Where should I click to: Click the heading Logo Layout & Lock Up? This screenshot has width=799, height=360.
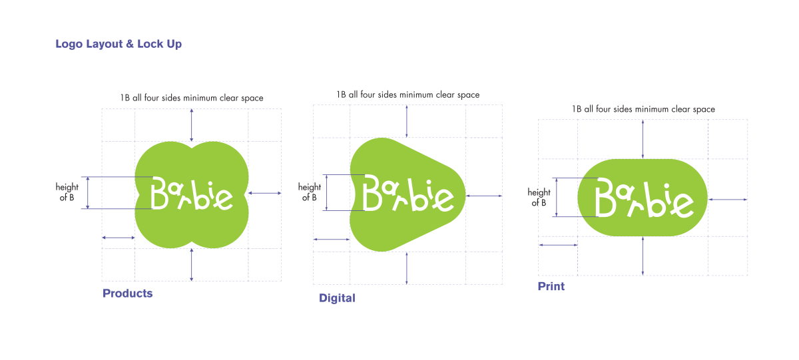point(119,44)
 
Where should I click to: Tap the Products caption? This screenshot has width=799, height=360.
point(127,293)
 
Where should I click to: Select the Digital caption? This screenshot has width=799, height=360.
point(337,298)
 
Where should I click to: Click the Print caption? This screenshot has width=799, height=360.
point(551,286)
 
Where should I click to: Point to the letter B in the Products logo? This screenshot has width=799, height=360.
point(159,193)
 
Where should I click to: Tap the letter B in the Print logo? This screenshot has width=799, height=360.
point(605,197)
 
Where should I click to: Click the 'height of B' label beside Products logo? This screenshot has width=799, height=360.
point(67,192)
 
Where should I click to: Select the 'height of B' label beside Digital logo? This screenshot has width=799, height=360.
point(309,192)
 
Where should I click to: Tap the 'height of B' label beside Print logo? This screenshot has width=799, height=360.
point(539,198)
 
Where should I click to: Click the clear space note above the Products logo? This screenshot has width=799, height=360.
point(192,98)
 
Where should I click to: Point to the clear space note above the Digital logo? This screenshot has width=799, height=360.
point(407,94)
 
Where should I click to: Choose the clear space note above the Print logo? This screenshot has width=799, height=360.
point(643,109)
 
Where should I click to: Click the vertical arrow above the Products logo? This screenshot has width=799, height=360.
point(192,125)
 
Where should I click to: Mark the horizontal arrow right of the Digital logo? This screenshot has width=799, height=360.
point(484,196)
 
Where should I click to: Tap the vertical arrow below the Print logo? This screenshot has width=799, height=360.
point(643,256)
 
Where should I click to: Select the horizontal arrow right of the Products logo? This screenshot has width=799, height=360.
point(265,193)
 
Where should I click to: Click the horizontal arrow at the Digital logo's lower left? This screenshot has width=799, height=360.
point(332,240)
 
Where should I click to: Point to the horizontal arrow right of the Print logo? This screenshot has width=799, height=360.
point(728,200)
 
